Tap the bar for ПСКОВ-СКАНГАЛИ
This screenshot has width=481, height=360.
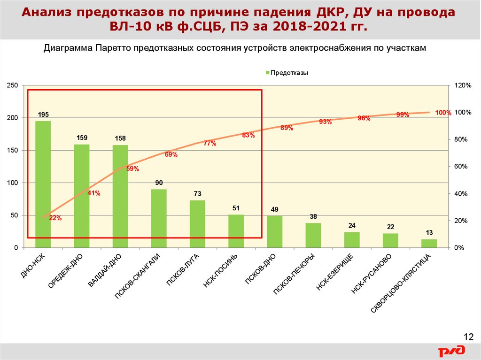159,218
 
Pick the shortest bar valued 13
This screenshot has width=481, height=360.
429,243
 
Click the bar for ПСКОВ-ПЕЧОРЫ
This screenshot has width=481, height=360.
313,235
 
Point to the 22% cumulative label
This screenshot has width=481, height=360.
55,218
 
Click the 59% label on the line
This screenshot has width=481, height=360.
132,169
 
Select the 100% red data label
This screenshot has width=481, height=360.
443,113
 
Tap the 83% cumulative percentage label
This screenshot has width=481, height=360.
248,135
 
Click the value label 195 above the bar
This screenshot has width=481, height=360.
43,115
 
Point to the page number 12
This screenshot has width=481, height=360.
468,337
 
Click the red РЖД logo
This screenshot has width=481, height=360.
452,351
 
